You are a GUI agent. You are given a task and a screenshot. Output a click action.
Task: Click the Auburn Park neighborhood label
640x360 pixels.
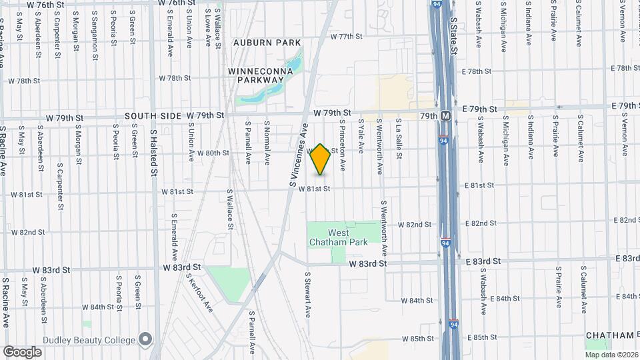pyautogui.click(x=267, y=43)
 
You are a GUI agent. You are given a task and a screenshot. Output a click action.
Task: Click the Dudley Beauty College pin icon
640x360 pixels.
pyautogui.click(x=145, y=340)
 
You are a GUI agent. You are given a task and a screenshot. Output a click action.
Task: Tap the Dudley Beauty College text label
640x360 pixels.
pyautogui.click(x=89, y=340)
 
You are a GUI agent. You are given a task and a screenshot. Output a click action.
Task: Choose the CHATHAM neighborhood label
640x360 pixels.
pyautogui.click(x=608, y=335)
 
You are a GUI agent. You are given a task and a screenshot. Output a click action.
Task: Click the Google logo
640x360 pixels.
pyautogui.click(x=22, y=351)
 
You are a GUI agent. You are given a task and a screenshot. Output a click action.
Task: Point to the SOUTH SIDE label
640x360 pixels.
pyautogui.click(x=153, y=116)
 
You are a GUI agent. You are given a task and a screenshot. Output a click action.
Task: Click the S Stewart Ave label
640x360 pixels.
pyautogui.click(x=308, y=294)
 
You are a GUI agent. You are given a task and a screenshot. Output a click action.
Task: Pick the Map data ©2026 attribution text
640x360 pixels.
pyautogui.click(x=611, y=354)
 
